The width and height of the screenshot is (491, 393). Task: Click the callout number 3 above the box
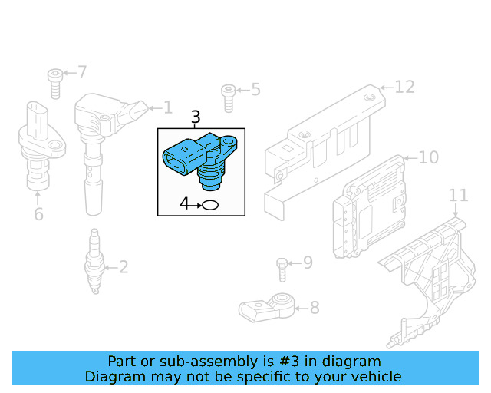[x=196, y=117]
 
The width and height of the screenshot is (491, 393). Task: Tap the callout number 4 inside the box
[x=184, y=204]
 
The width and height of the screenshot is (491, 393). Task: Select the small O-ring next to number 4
[x=210, y=205]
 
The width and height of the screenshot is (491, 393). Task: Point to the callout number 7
[x=82, y=73]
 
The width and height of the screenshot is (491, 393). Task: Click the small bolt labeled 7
[x=54, y=82]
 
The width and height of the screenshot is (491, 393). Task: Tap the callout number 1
[x=166, y=108]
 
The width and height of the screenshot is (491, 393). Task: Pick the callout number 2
[x=123, y=268]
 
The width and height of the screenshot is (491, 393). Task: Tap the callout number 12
[x=404, y=87]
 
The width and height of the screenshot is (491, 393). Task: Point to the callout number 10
[x=428, y=157]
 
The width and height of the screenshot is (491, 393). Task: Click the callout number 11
[x=458, y=195]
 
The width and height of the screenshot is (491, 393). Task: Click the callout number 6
[x=38, y=214]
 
